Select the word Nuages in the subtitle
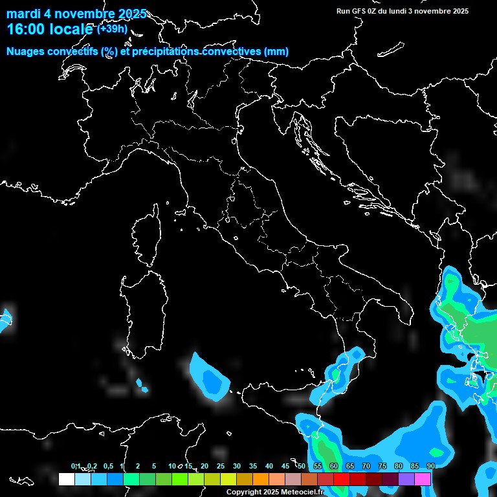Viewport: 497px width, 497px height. pyautogui.click(x=25, y=52)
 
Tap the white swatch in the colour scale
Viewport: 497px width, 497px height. pyautogui.click(x=66, y=479)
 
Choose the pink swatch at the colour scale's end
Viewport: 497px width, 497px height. pyautogui.click(x=423, y=479)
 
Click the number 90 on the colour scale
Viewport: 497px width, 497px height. pyautogui.click(x=430, y=467)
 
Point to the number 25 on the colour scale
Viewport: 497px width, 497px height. pyautogui.click(x=221, y=467)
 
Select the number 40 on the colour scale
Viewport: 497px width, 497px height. pyautogui.click(x=269, y=467)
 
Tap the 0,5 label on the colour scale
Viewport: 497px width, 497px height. pyautogui.click(x=107, y=467)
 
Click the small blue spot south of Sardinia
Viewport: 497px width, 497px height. pyautogui.click(x=142, y=388)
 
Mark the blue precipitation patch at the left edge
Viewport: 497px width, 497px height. pyautogui.click(x=5, y=320)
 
